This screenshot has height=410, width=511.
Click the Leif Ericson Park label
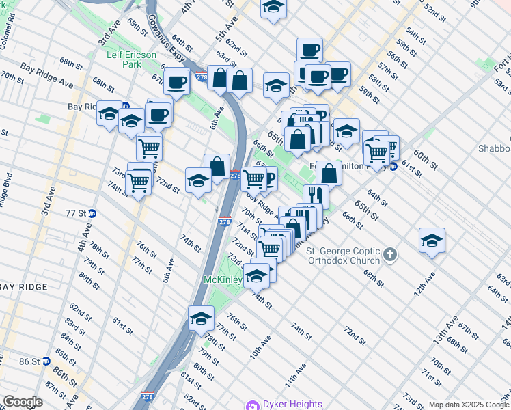[132, 59]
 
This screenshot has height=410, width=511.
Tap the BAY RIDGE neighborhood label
[23, 287]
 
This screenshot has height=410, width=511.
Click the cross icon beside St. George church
[390, 255]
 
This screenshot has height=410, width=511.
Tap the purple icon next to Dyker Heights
[253, 405]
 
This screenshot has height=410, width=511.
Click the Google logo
[23, 402]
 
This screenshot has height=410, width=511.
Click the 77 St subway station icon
[92, 213]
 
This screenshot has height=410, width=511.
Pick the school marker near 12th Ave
[432, 241]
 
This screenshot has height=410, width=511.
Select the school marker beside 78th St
[202, 318]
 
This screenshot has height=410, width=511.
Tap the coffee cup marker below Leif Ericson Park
[178, 82]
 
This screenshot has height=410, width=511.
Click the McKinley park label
[223, 280]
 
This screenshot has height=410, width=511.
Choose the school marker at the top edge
[274, 8]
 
